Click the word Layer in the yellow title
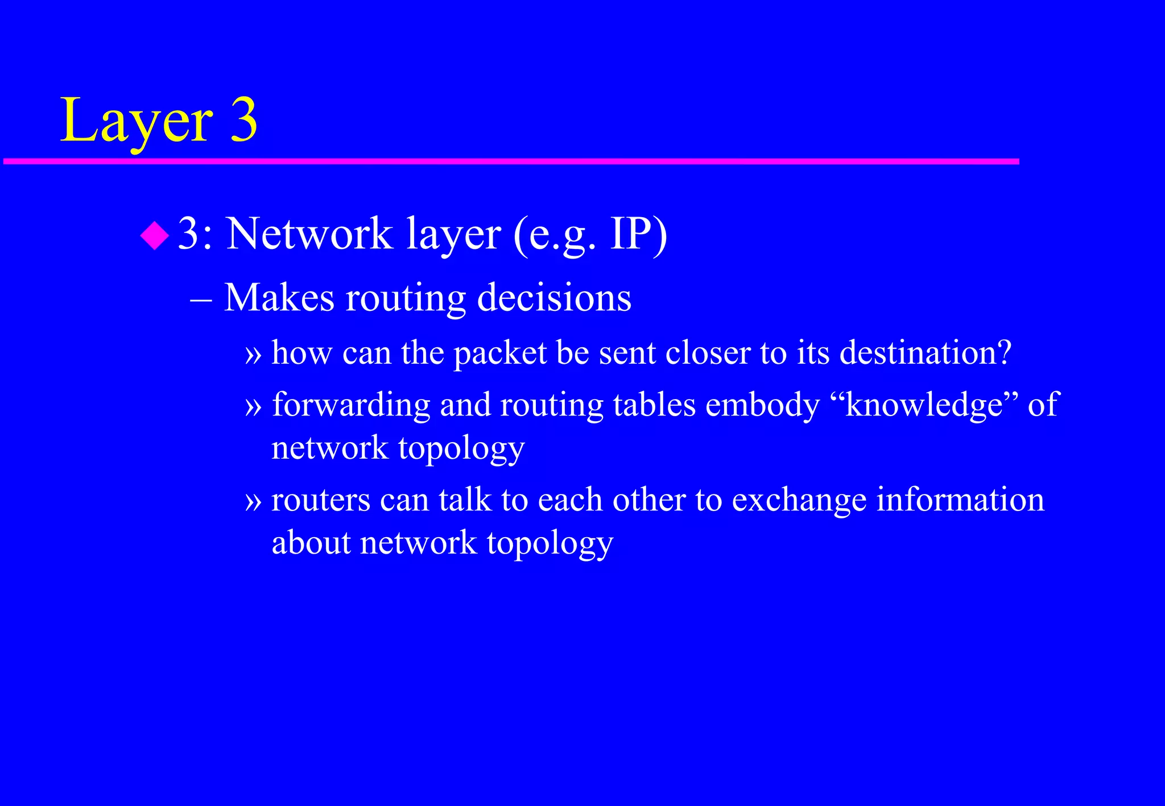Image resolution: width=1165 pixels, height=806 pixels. [137, 121]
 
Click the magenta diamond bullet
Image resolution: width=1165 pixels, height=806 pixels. [155, 235]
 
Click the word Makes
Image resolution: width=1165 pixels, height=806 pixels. [279, 297]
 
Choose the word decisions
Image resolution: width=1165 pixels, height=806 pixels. [554, 297]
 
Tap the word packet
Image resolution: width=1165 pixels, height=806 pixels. [500, 353]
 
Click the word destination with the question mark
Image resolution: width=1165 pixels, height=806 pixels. [925, 352]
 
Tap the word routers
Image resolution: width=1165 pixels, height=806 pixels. [321, 500]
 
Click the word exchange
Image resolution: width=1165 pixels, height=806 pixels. [799, 500]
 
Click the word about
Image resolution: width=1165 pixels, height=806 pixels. [311, 542]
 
